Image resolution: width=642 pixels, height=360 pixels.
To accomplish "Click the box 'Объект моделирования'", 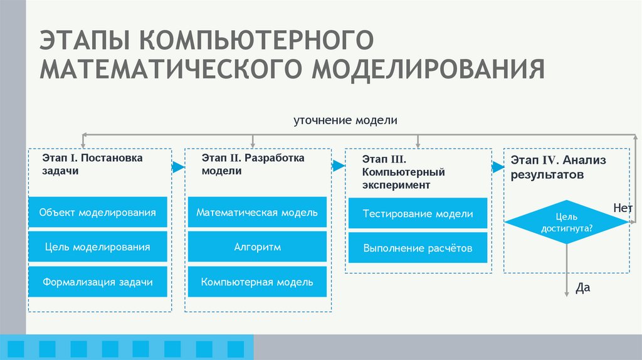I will (97, 213).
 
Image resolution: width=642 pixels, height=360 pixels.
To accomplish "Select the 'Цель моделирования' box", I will (97, 247).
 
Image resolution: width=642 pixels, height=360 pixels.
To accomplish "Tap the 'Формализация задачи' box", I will (97, 282).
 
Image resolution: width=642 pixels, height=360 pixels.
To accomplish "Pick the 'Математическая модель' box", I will (257, 213).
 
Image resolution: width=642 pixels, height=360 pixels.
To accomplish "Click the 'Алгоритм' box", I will (257, 247).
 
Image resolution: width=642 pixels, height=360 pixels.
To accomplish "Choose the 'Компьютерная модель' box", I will (257, 282).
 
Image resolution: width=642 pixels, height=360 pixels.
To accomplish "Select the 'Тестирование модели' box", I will (418, 214).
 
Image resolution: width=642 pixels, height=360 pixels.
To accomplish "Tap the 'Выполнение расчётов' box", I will (418, 248).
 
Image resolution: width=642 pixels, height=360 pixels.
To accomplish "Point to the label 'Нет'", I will (623, 206).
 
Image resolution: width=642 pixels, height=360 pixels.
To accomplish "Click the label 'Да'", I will (583, 288).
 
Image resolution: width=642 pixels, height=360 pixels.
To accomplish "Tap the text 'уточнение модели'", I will (345, 120).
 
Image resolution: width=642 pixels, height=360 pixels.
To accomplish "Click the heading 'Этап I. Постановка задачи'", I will (93, 164).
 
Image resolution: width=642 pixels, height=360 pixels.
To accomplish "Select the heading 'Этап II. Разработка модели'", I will (253, 164).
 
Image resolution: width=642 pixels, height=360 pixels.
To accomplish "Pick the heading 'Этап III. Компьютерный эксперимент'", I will (404, 172).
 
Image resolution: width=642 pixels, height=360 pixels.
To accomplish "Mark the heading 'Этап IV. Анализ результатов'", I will (558, 167).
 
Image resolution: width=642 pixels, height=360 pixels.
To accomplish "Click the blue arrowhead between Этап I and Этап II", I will (179, 167).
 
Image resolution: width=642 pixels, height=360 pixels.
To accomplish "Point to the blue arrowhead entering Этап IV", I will (498, 167).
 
